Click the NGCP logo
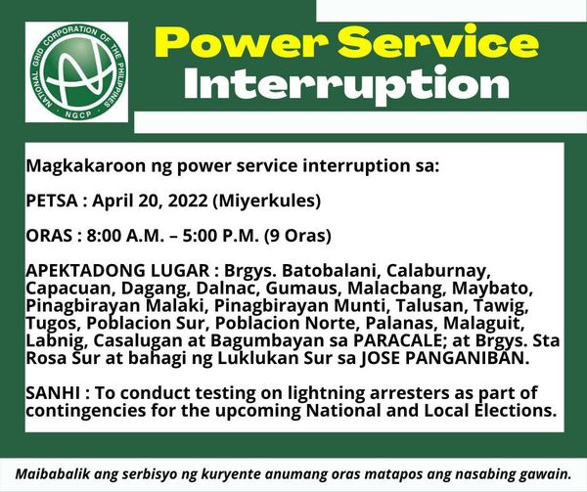coord(76,71)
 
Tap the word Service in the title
coord(438,42)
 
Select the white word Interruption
coord(346,85)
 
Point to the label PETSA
coord(52,201)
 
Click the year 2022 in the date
coord(188,201)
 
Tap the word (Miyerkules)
coord(266,201)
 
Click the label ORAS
coord(49,236)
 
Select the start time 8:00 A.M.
coord(125,236)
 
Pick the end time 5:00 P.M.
coord(221,236)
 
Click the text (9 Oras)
coord(297,237)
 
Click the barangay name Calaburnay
coord(438,271)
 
